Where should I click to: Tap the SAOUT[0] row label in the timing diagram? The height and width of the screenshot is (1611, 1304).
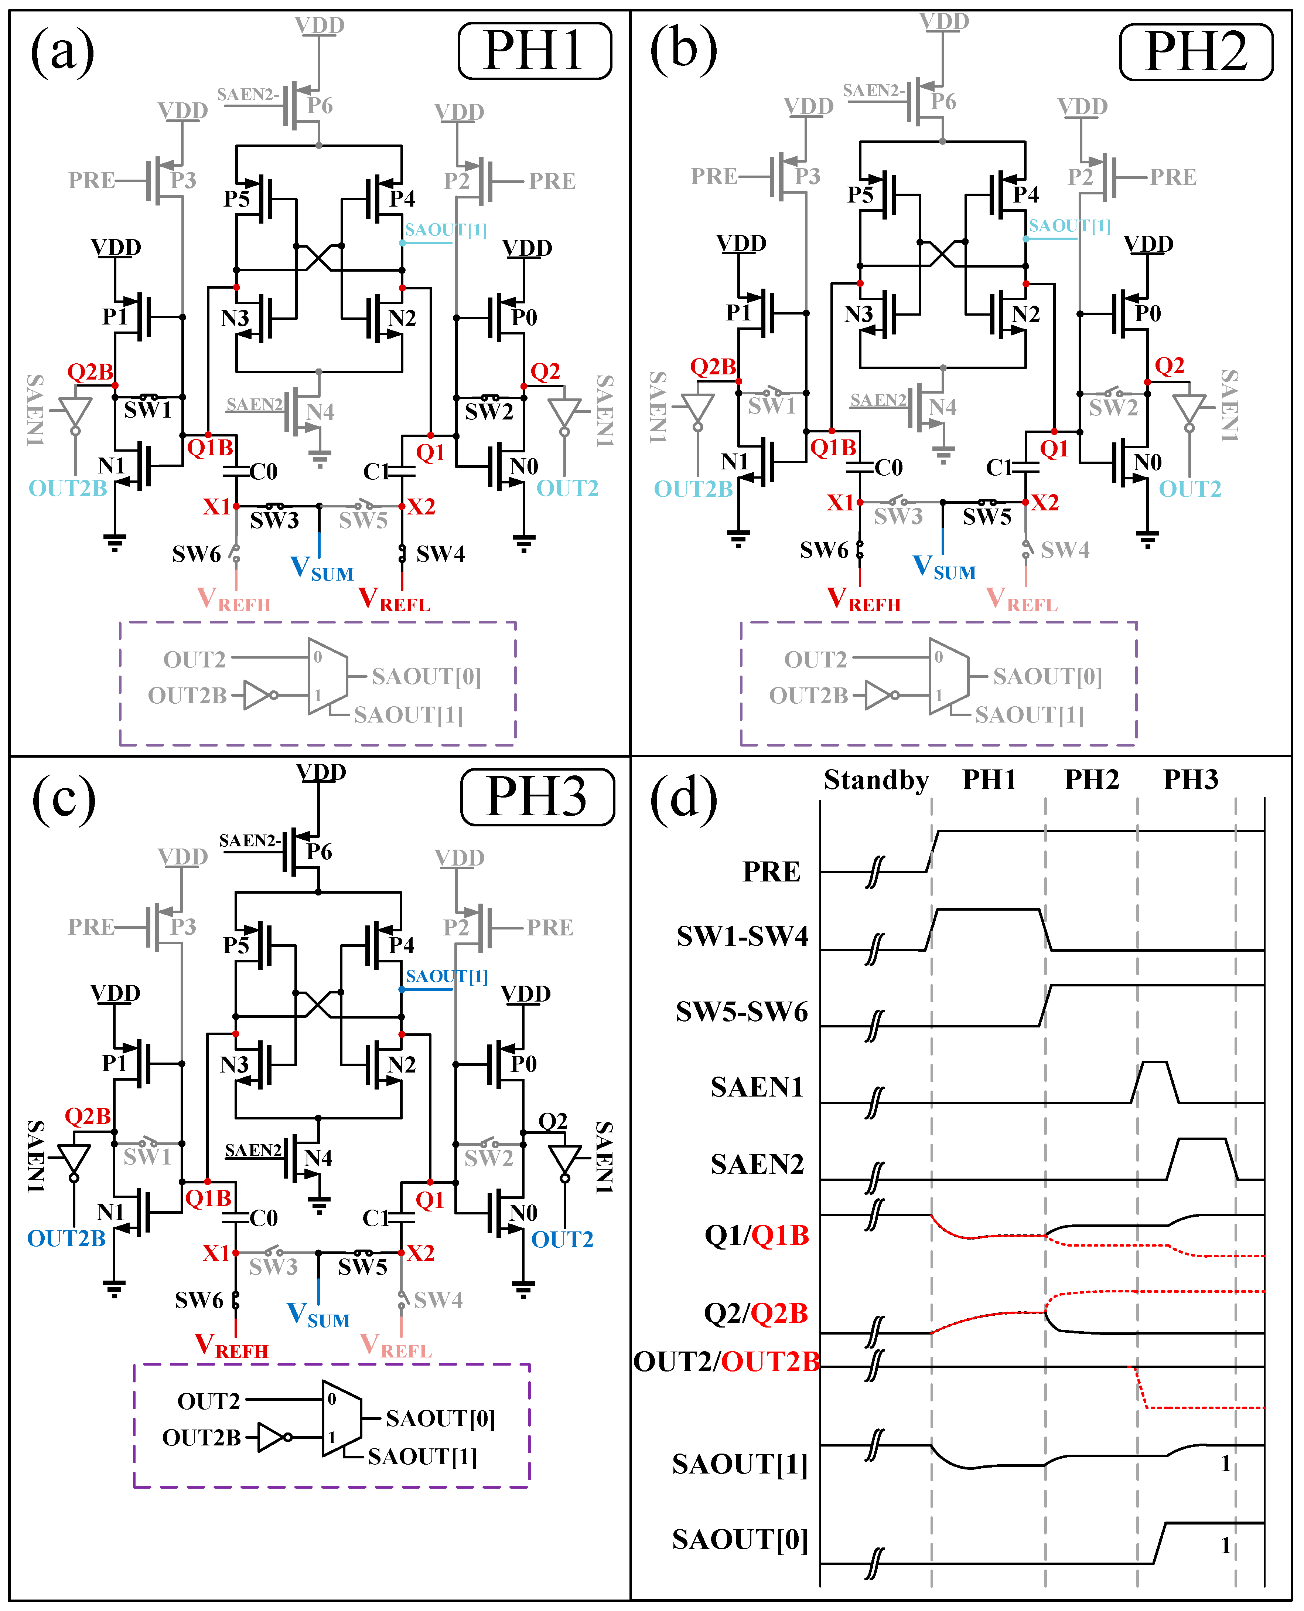[740, 1540]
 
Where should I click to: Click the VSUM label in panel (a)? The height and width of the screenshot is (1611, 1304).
[321, 569]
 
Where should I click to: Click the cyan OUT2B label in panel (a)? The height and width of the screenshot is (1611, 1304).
[68, 489]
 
